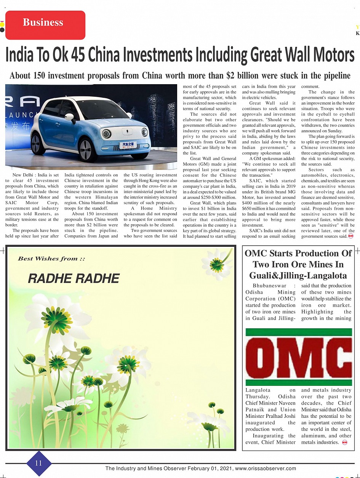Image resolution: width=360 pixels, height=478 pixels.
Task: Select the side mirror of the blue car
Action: [x=70, y=117]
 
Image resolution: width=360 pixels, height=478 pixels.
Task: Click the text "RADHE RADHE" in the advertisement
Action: [x=74, y=278]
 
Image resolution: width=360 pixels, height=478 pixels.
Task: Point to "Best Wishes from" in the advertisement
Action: [x=48, y=259]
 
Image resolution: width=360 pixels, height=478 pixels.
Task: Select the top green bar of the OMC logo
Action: [x=299, y=332]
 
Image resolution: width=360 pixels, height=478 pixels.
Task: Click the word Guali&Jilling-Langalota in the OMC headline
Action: [x=298, y=275]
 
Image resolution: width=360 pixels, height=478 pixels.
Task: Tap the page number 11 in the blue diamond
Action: [x=38, y=463]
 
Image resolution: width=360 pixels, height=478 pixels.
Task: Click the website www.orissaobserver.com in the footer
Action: [x=266, y=468]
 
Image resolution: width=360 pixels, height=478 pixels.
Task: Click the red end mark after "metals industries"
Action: [x=344, y=442]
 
